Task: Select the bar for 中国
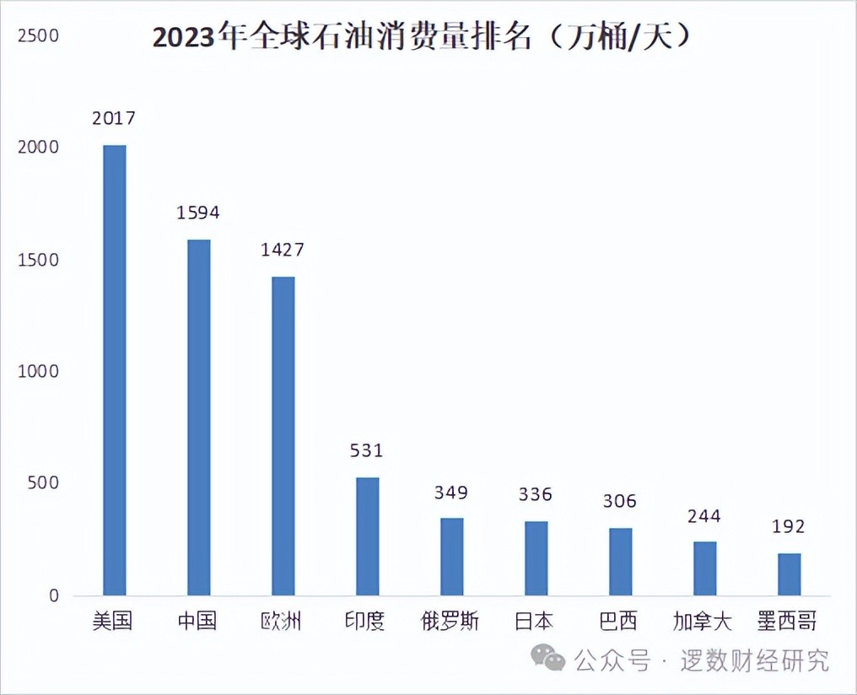pos(198,417)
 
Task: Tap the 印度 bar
pos(367,536)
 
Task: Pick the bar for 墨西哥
pos(789,574)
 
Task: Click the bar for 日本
pos(536,558)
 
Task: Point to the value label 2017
pos(114,118)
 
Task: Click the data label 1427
pos(283,250)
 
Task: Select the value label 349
pos(451,492)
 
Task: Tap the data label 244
pos(704,515)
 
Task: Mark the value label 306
pos(619,501)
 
